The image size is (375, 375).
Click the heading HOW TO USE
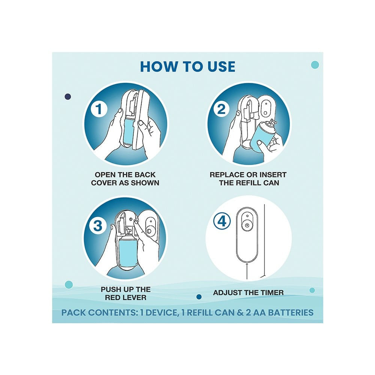pyautogui.click(x=187, y=66)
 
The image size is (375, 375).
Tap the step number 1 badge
pyautogui.click(x=99, y=109)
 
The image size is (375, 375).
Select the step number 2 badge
pyautogui.click(x=221, y=109)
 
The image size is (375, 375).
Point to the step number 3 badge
pyautogui.click(x=97, y=225)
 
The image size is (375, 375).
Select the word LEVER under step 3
pyautogui.click(x=135, y=297)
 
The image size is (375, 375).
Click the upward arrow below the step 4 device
pyautogui.click(x=247, y=271)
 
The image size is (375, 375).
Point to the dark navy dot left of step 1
pyautogui.click(x=68, y=96)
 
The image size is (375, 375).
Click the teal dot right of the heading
pyautogui.click(x=315, y=64)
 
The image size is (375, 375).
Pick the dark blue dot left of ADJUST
pyautogui.click(x=199, y=297)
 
